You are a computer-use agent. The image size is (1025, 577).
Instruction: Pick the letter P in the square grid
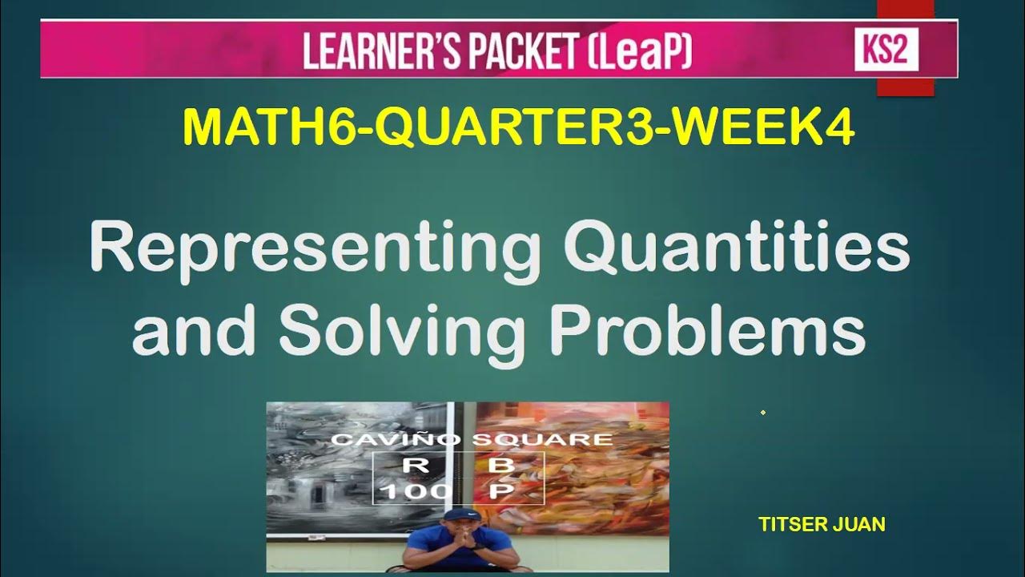coord(497,491)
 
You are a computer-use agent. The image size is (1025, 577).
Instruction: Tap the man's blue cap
coord(458,514)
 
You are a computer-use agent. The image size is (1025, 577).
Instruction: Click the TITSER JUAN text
coord(821,525)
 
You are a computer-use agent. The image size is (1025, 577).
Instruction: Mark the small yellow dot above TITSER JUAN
coord(762,413)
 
